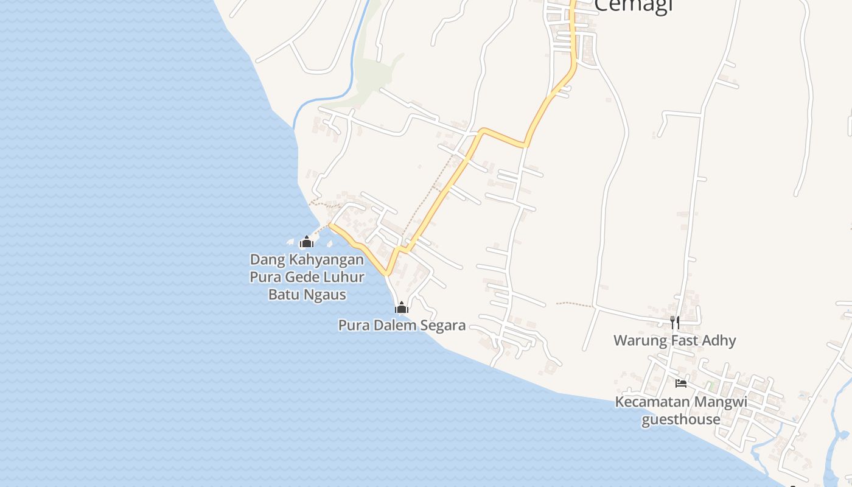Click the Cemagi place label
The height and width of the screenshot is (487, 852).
(632, 5)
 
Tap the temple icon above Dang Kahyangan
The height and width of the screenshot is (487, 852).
(306, 242)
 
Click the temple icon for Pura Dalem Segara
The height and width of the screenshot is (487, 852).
(401, 307)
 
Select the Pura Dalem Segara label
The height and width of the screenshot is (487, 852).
(402, 325)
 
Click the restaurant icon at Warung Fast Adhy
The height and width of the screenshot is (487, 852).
(674, 322)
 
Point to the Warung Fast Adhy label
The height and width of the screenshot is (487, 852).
(674, 340)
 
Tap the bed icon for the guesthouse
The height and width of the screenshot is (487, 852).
(681, 383)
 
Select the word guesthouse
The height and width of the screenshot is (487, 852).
(680, 419)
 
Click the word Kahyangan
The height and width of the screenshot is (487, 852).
(326, 259)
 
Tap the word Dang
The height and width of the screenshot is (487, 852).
(267, 259)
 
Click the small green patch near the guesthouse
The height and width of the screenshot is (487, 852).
(710, 386)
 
